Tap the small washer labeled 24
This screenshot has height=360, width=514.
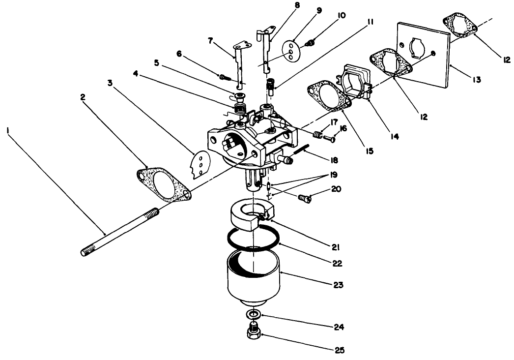(x=252, y=315)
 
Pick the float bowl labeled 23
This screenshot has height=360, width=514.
(x=253, y=278)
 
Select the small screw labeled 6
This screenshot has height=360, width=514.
(x=224, y=76)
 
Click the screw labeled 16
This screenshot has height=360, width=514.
(x=329, y=139)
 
